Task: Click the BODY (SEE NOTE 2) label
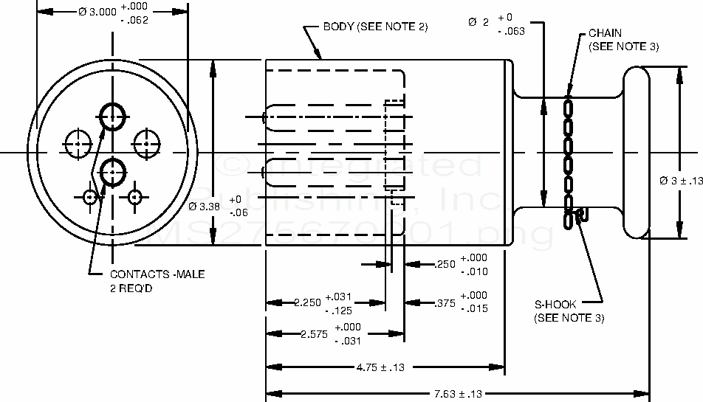click(x=376, y=27)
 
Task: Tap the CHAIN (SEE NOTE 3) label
click(x=623, y=40)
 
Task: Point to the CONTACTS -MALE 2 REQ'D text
click(x=157, y=280)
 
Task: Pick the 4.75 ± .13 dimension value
click(x=384, y=367)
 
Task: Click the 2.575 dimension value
click(x=313, y=334)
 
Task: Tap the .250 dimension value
click(x=445, y=264)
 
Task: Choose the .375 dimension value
click(x=445, y=302)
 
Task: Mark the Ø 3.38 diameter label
click(x=205, y=207)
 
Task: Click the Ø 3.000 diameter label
click(x=97, y=13)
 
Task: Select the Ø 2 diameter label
click(x=479, y=22)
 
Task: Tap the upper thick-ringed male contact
click(x=112, y=115)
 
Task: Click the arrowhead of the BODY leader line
click(x=320, y=55)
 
